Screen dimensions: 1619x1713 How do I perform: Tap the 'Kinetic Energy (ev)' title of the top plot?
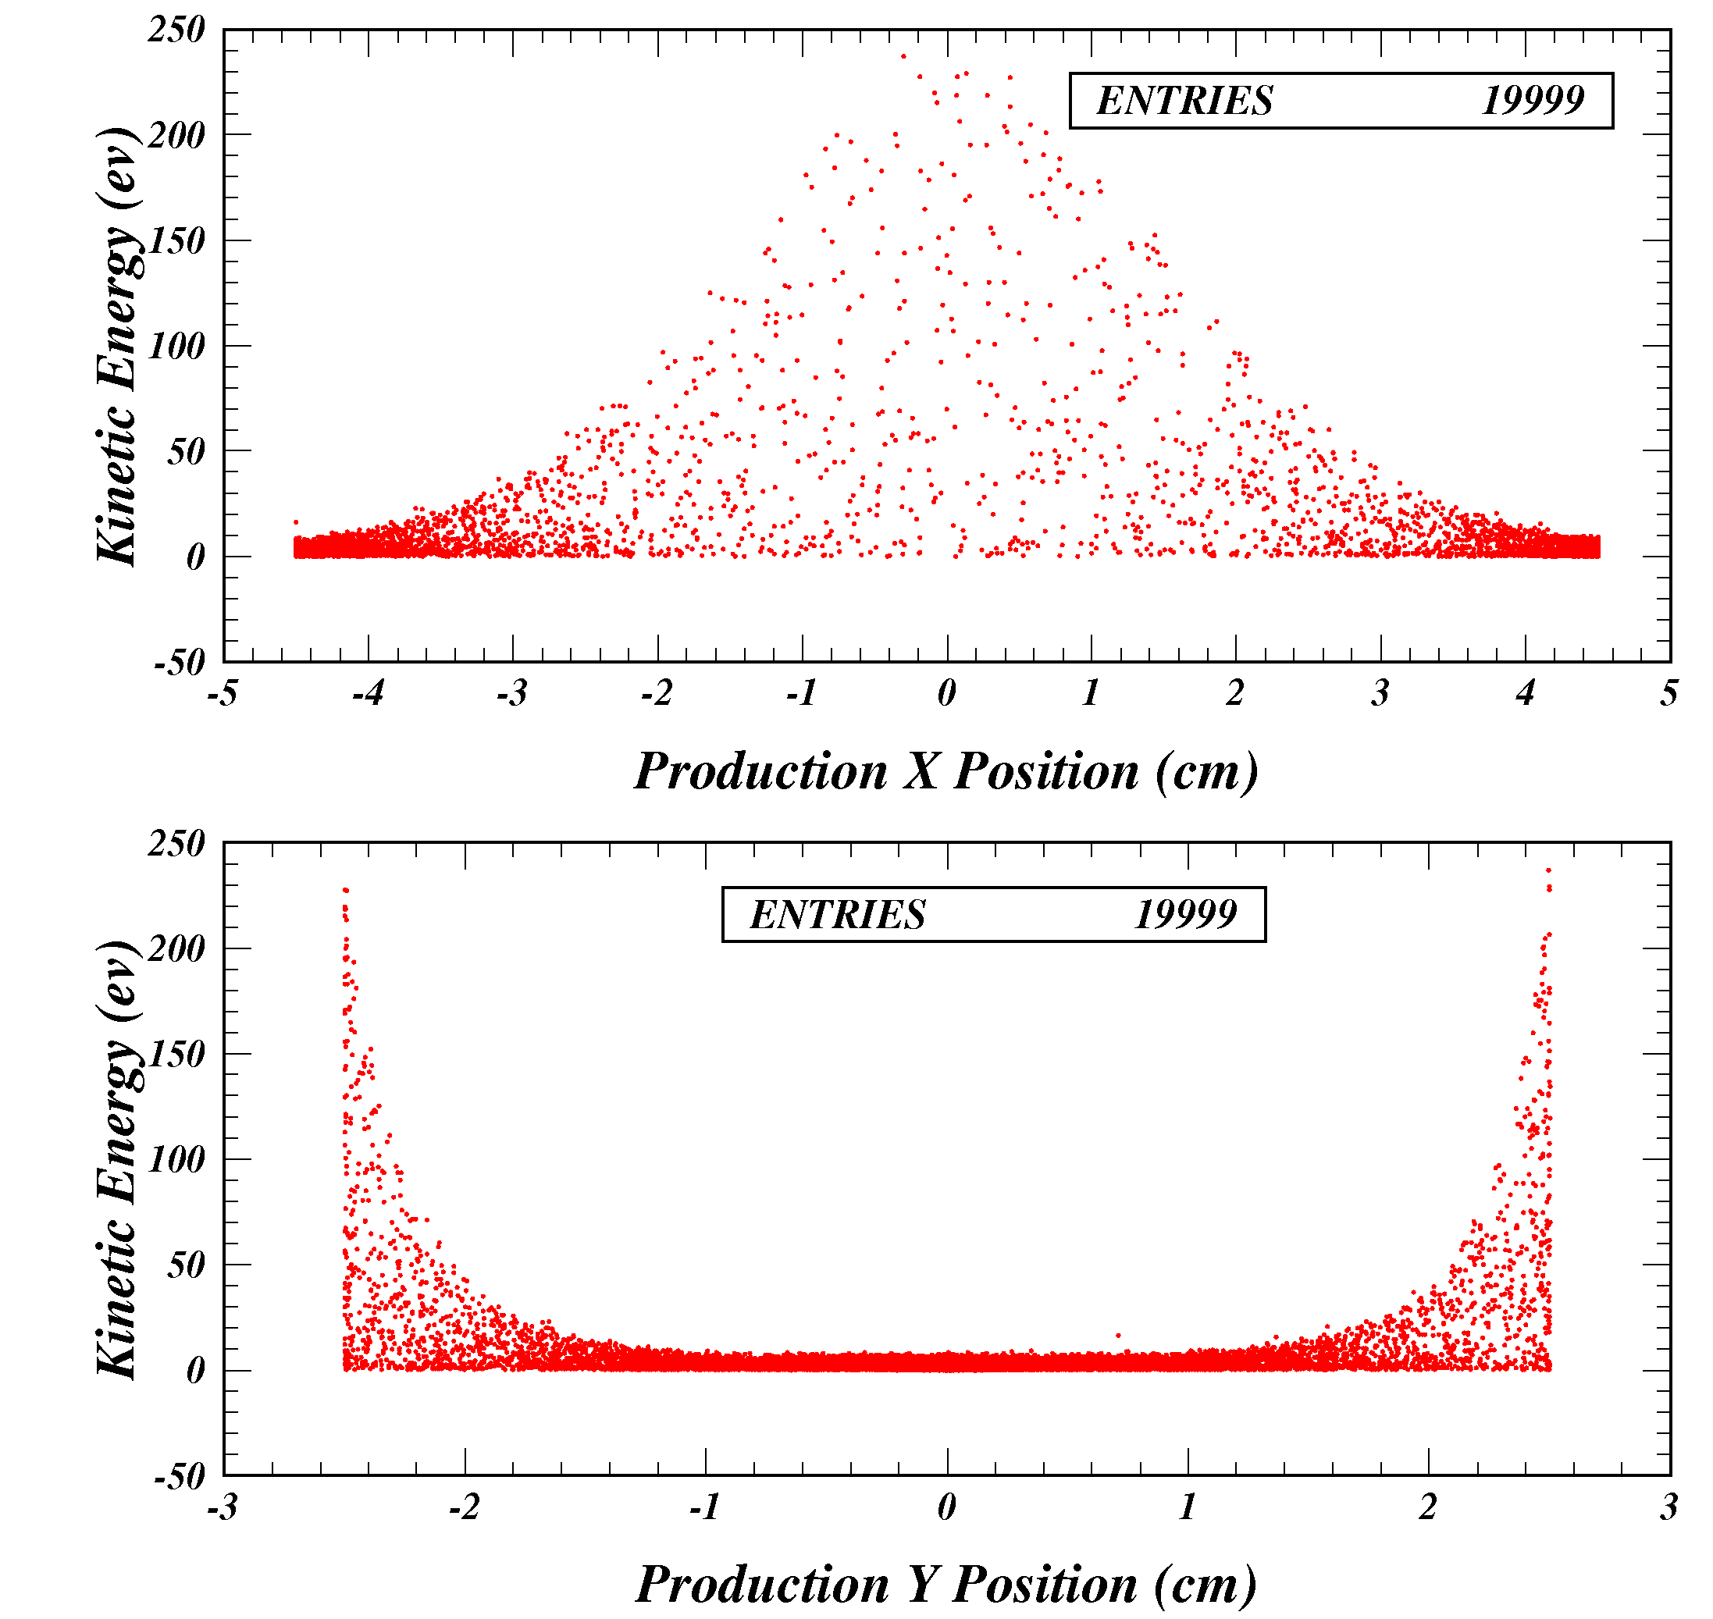click(x=117, y=345)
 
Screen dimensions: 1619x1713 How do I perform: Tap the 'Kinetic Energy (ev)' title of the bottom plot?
click(x=117, y=1159)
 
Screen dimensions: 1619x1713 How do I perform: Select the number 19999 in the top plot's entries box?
click(x=1533, y=101)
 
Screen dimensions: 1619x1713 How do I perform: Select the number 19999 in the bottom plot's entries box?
click(x=1185, y=915)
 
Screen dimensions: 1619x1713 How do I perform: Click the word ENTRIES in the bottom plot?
click(x=837, y=915)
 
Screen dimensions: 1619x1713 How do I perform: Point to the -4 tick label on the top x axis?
click(x=368, y=692)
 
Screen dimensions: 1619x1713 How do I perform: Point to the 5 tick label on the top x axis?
click(x=1669, y=692)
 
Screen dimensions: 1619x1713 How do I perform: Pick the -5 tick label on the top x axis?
click(x=222, y=692)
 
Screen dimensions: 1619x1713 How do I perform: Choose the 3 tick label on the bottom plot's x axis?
click(x=1669, y=1507)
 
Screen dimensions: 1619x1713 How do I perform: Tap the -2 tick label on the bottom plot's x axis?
click(x=464, y=1507)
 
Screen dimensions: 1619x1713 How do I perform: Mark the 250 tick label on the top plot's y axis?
click(x=177, y=30)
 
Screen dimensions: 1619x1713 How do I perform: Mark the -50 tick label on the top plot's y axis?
click(x=180, y=663)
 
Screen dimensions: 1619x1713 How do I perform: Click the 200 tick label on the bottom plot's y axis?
click(x=177, y=948)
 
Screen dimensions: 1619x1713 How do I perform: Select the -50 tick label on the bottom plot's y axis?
click(x=180, y=1477)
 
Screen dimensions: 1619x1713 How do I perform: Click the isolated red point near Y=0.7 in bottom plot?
click(x=1118, y=1336)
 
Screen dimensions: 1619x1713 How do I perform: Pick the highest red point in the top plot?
click(x=903, y=56)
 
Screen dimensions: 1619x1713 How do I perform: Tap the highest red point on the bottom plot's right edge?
click(x=1548, y=870)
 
